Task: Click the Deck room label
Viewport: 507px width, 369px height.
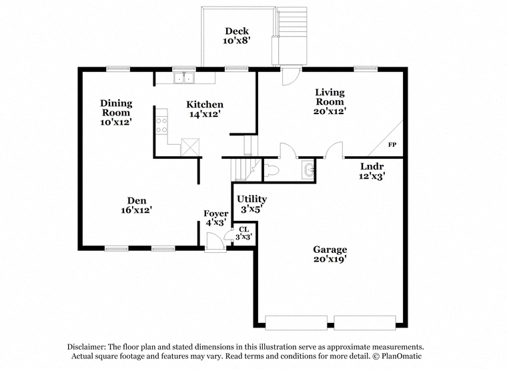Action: click(237, 31)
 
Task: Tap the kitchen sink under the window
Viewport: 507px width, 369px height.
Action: click(184, 78)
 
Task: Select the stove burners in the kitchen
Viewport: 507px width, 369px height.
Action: click(161, 125)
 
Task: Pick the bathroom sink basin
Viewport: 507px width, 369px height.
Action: click(308, 170)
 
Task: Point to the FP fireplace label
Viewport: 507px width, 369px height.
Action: click(392, 145)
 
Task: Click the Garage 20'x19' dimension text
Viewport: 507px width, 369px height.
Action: click(330, 259)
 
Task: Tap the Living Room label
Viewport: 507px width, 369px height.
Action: click(330, 97)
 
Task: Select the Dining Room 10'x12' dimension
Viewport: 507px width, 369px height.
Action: click(116, 122)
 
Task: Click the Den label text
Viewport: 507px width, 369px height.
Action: click(137, 200)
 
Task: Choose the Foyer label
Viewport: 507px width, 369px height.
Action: click(215, 214)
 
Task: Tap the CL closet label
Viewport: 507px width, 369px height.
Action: click(243, 230)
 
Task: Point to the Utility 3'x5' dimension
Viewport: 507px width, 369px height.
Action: click(251, 209)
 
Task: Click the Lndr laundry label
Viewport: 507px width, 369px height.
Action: click(372, 167)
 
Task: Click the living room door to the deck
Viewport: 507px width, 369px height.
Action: click(291, 76)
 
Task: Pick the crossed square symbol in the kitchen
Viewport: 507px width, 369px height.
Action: click(190, 147)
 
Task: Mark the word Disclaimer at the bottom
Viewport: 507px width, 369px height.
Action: click(86, 347)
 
